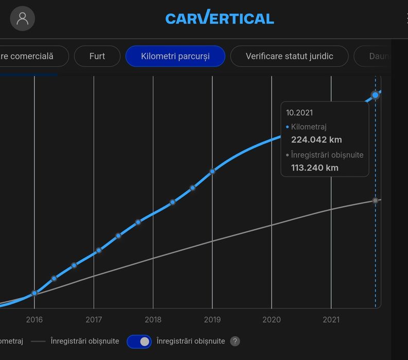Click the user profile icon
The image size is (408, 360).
pos(22,19)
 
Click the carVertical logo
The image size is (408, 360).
pos(220,19)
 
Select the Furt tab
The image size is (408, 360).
pos(97,56)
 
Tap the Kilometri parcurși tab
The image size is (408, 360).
pos(175,56)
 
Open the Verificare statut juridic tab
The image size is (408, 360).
pos(289,56)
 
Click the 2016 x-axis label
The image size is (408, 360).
pos(34,320)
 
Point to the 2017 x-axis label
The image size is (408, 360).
pos(94,320)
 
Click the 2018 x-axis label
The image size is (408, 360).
pos(153,320)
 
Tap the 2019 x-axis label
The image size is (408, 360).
pos(212,320)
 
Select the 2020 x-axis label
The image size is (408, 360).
pos(272,320)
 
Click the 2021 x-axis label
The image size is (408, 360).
pos(331,320)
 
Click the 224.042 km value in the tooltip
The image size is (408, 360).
pos(316,140)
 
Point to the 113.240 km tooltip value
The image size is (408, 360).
pos(315,167)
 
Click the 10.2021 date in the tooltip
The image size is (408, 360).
pos(299,113)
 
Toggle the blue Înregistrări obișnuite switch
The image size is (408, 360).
pos(139,341)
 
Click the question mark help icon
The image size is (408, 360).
pos(235,341)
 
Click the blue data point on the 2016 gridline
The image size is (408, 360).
pos(34,293)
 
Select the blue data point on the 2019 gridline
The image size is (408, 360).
pos(212,172)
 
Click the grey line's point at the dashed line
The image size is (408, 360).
pos(376,200)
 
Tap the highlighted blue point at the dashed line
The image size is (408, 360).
pos(376,95)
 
